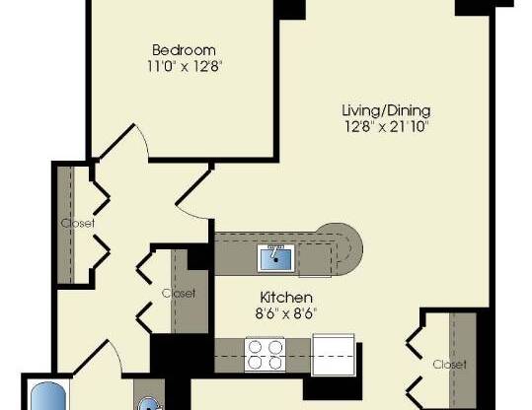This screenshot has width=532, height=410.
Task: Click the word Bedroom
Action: (183, 50)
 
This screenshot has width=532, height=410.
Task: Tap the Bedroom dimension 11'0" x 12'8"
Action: (183, 67)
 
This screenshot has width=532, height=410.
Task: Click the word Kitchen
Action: (286, 298)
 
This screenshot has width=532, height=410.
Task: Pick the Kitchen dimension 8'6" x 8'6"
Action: (286, 314)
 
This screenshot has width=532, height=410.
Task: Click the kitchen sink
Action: (275, 258)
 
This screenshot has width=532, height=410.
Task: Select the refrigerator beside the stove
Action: (332, 353)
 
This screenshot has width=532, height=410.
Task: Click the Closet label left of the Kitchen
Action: (179, 293)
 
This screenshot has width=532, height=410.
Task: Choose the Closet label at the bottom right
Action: (449, 364)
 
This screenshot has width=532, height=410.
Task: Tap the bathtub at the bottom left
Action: (45, 398)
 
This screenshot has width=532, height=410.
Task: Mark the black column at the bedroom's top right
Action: (287, 7)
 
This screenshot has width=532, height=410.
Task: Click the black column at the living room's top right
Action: (472, 7)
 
